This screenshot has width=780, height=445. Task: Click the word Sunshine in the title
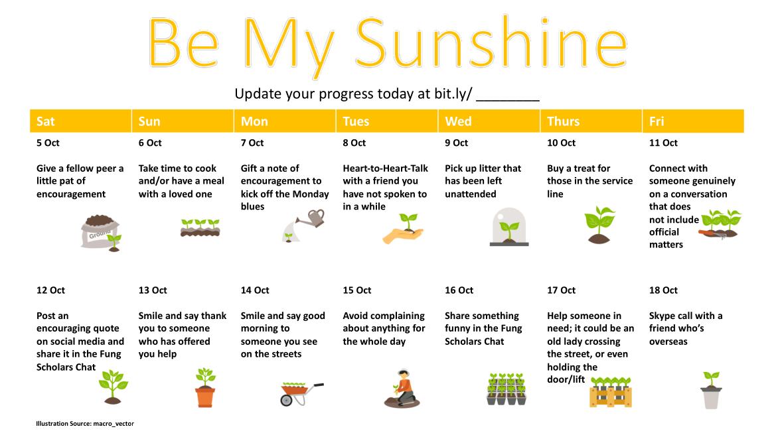tap(491, 42)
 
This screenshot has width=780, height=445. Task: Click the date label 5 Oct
tap(48, 143)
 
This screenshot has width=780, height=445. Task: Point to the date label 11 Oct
tap(663, 143)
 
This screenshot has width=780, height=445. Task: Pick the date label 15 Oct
tap(356, 290)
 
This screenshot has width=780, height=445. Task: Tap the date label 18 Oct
tap(663, 290)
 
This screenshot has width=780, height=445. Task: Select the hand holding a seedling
tap(404, 229)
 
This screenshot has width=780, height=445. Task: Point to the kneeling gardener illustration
tap(402, 389)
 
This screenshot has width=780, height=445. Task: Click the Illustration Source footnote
tap(84, 424)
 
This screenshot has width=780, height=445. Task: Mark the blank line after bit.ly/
tap(508, 100)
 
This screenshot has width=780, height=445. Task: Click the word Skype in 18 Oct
tap(662, 316)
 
